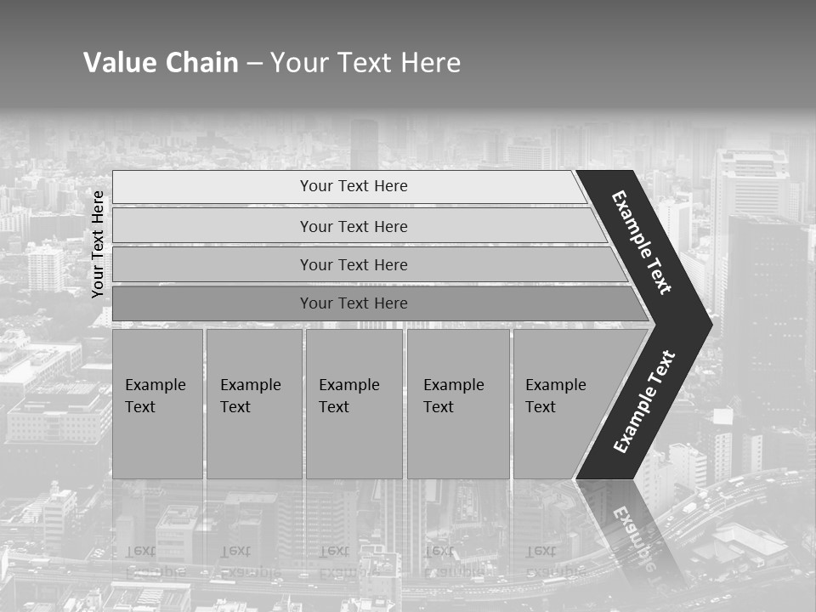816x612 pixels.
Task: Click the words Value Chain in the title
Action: pos(161,63)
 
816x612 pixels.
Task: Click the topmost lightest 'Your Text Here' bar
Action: pos(353,186)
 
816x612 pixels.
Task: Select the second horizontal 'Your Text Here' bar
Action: pos(353,226)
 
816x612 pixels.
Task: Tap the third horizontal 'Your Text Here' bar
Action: pos(353,264)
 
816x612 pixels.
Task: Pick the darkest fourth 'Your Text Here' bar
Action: pos(353,303)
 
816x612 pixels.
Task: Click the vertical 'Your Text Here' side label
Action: pos(99,244)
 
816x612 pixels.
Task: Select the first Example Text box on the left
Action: pos(157,404)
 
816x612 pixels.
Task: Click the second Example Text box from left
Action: pos(253,404)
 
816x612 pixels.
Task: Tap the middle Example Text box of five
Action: pos(354,404)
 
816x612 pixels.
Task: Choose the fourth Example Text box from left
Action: pos(458,404)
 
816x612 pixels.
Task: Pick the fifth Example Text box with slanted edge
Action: pos(561,404)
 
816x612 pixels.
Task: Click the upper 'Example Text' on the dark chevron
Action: pos(642,242)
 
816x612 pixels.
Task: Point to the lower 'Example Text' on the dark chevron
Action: pos(644,401)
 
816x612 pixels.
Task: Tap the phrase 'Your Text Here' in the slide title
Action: pos(365,63)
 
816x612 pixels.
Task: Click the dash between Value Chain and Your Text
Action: pos(254,64)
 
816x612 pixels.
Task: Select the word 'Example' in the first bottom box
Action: pos(155,385)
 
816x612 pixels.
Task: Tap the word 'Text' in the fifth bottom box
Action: pos(541,407)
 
